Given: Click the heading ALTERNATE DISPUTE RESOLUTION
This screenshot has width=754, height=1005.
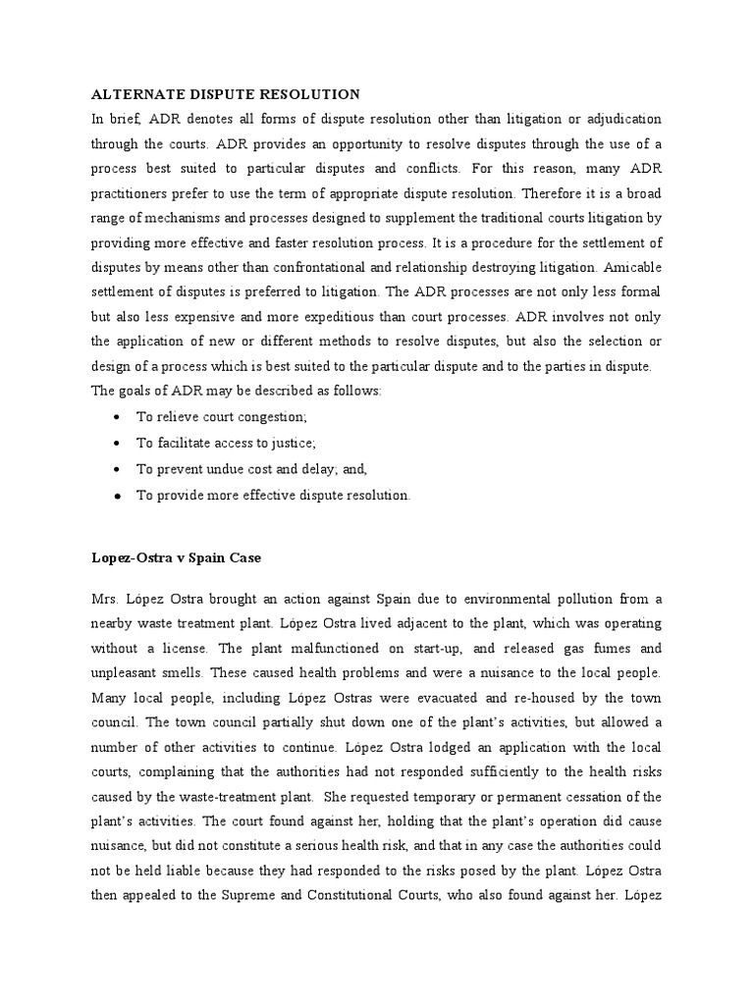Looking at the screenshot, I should click(x=226, y=94).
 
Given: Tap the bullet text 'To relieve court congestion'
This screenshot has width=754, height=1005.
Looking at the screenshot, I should click(x=221, y=417).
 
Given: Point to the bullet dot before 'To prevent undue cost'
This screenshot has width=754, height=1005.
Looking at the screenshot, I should click(x=117, y=470).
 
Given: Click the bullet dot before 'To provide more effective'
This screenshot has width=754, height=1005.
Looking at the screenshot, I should click(x=117, y=496).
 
